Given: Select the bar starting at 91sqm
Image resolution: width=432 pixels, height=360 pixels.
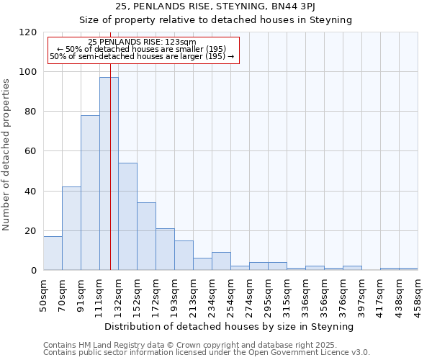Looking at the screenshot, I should pyautogui.click(x=90, y=192).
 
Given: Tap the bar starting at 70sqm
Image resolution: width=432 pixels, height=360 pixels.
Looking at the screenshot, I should pyautogui.click(x=71, y=228).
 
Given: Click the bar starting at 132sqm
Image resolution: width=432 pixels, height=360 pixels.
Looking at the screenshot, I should pyautogui.click(x=127, y=216).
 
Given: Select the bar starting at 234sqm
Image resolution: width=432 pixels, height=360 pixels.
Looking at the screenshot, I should pyautogui.click(x=221, y=261).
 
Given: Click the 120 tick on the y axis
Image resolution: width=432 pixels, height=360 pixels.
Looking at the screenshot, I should pyautogui.click(x=28, y=32).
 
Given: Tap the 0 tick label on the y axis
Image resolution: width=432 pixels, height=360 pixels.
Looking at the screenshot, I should pyautogui.click(x=34, y=271).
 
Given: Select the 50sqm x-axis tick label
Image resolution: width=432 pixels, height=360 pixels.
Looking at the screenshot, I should pyautogui.click(x=43, y=294).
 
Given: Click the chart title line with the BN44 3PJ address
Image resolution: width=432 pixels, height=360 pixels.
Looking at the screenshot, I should pyautogui.click(x=216, y=6).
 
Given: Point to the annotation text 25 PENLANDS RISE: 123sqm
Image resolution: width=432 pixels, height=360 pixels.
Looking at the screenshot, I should pyautogui.click(x=142, y=42).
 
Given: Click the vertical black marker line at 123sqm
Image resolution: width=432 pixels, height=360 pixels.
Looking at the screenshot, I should pyautogui.click(x=110, y=180).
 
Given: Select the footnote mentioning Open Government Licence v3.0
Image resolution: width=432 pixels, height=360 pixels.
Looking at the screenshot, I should pyautogui.click(x=207, y=353).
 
